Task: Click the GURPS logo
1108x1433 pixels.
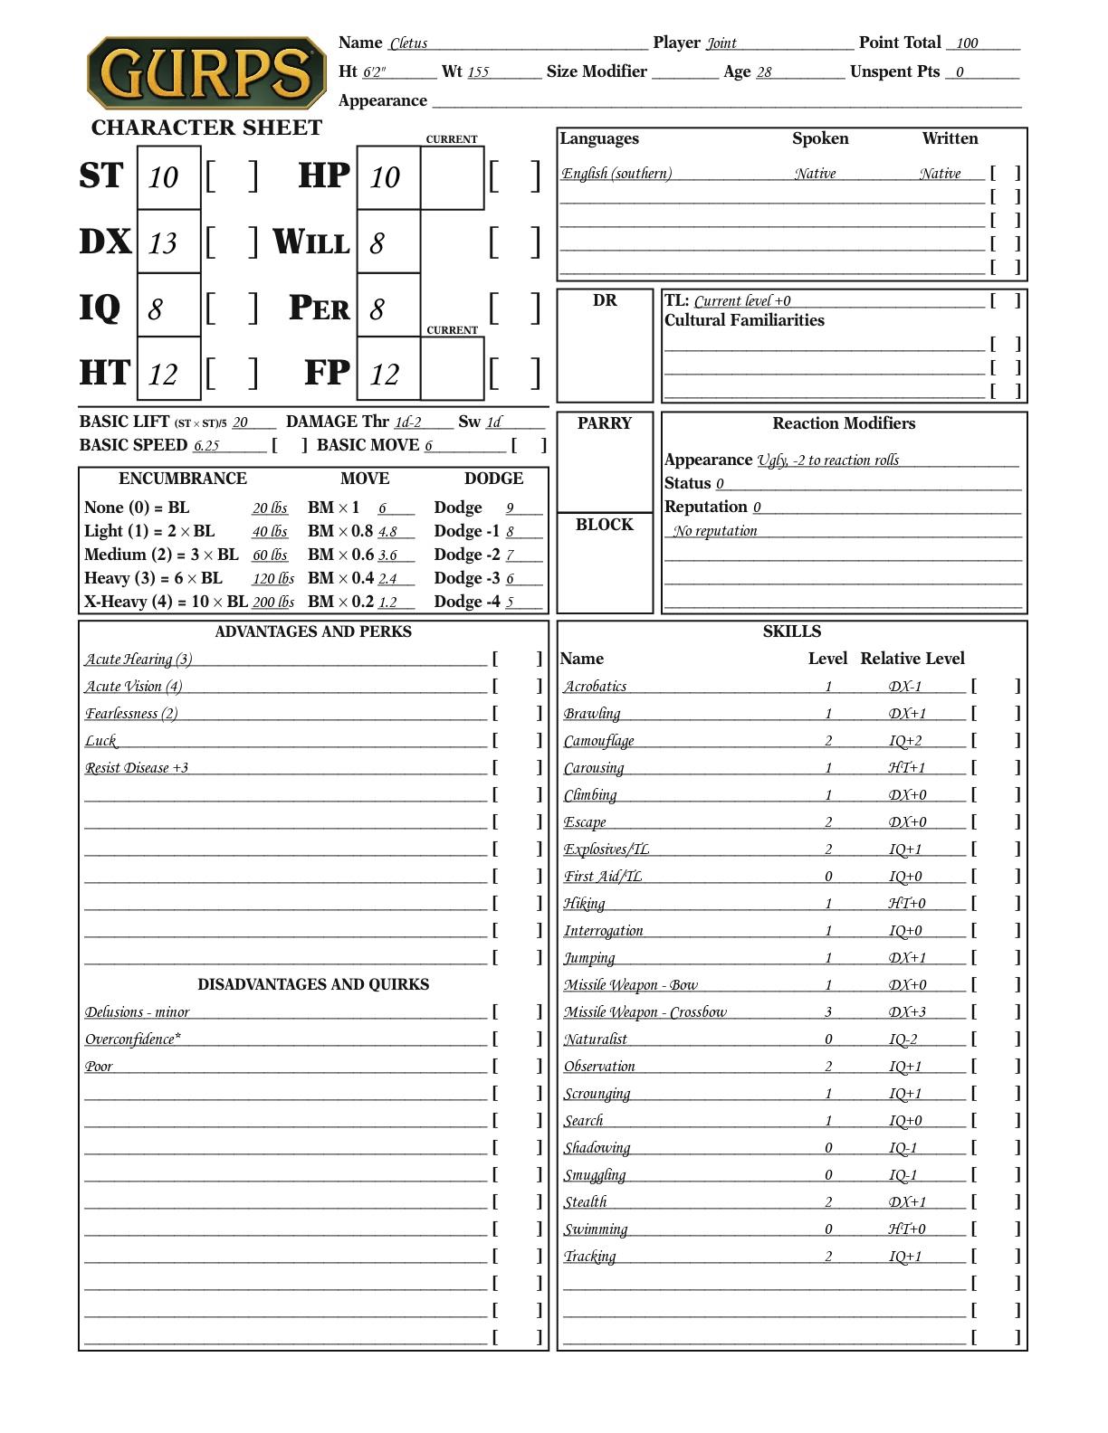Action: coord(205,73)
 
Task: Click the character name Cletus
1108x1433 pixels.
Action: coord(408,43)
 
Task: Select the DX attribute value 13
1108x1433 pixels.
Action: coord(163,242)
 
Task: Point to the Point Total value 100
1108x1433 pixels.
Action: coord(967,43)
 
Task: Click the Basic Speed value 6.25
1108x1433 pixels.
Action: coord(206,445)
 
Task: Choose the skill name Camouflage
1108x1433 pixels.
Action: coord(598,741)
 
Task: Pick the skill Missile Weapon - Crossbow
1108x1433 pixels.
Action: coord(645,1012)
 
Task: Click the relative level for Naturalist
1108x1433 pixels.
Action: coord(903,1039)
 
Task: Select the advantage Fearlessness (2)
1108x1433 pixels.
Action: coord(131,714)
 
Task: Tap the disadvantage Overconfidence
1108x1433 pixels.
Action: coord(132,1039)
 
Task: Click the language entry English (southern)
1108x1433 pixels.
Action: coord(616,174)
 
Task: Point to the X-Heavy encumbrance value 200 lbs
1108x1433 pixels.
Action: coord(272,603)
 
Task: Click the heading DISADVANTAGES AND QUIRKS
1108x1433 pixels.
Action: coord(313,984)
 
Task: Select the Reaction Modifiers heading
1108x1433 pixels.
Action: coord(844,423)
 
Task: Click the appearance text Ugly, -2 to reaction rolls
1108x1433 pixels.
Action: coord(828,460)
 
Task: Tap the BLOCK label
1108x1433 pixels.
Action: coord(605,525)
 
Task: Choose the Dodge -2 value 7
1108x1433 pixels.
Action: coord(511,555)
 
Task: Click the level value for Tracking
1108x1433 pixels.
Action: coord(828,1257)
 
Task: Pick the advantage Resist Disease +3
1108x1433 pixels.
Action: coord(137,768)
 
